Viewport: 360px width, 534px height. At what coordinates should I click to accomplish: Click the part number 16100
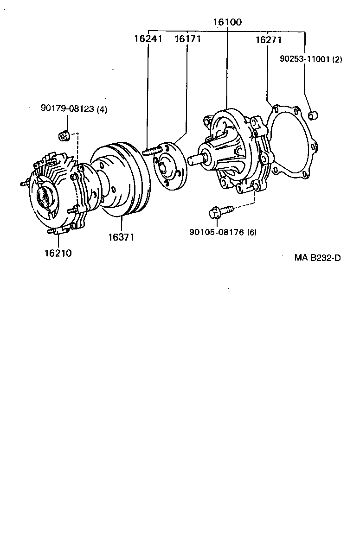[227, 22]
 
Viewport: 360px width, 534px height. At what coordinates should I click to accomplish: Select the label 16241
[148, 39]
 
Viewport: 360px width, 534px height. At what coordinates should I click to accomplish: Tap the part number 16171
[187, 39]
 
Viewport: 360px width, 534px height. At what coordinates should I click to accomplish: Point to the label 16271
[268, 40]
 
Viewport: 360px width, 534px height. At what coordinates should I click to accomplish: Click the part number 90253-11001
[304, 59]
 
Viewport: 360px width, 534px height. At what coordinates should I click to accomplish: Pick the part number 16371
[121, 237]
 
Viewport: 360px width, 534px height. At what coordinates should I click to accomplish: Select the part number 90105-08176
[217, 232]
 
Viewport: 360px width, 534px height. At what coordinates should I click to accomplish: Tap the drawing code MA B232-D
[317, 257]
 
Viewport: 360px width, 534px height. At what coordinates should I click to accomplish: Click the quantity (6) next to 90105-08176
[252, 232]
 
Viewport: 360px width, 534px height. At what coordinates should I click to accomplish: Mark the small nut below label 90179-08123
[64, 136]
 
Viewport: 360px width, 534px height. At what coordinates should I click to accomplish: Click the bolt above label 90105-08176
[219, 212]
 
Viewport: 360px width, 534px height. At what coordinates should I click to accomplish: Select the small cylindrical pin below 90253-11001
[313, 114]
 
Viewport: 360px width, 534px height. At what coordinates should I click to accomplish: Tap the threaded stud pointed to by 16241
[152, 151]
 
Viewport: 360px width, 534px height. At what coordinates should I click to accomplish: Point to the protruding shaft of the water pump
[194, 159]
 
